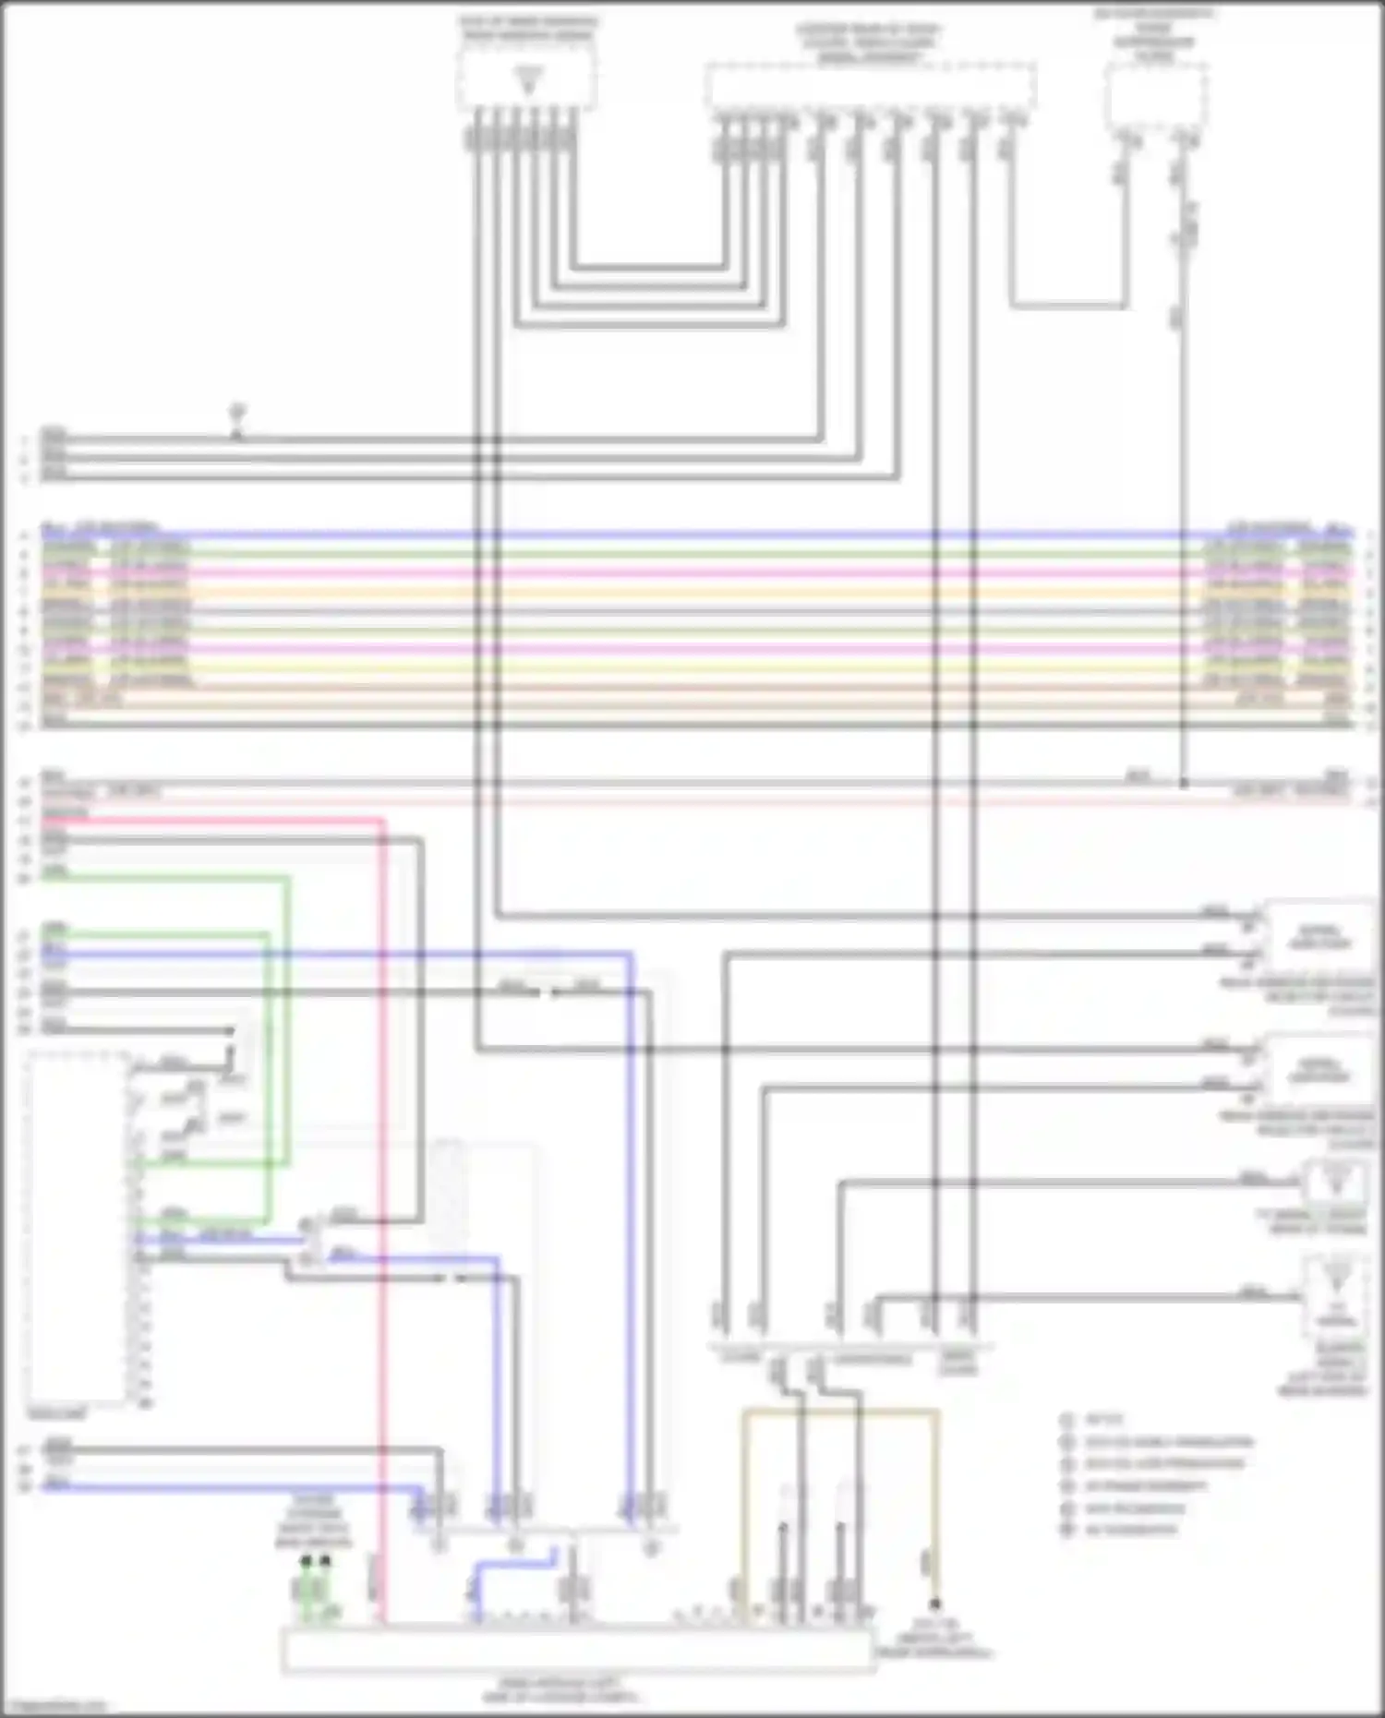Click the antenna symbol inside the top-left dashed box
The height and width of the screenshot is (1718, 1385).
tap(528, 79)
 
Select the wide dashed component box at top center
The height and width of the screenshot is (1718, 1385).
tap(870, 87)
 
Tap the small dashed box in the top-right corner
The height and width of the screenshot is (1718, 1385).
tap(1156, 96)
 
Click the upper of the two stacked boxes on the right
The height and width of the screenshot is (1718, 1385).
tap(1319, 937)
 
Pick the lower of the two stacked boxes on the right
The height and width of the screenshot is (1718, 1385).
tap(1319, 1071)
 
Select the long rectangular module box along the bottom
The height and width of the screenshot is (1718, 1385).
tap(577, 1650)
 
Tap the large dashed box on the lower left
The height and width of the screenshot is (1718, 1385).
tap(78, 1228)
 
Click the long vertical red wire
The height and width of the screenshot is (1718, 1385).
tap(383, 1200)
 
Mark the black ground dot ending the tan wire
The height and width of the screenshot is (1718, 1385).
tap(934, 1604)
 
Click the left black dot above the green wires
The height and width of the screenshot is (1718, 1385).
tap(306, 1561)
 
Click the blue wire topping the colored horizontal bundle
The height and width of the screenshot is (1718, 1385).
tap(692, 535)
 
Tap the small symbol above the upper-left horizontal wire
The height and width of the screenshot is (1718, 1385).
tap(237, 409)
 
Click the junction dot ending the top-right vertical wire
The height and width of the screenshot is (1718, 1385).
tap(1184, 784)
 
